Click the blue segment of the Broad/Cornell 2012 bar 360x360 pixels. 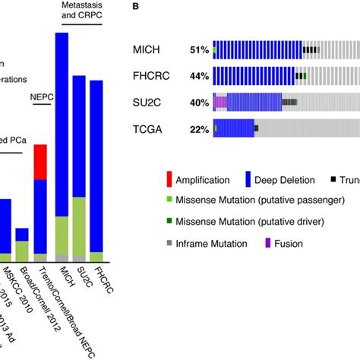tap(23, 234)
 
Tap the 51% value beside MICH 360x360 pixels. tap(200, 51)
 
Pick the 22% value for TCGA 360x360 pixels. tap(200, 129)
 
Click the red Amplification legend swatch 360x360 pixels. tap(169, 180)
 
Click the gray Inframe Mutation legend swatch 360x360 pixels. tap(169, 244)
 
